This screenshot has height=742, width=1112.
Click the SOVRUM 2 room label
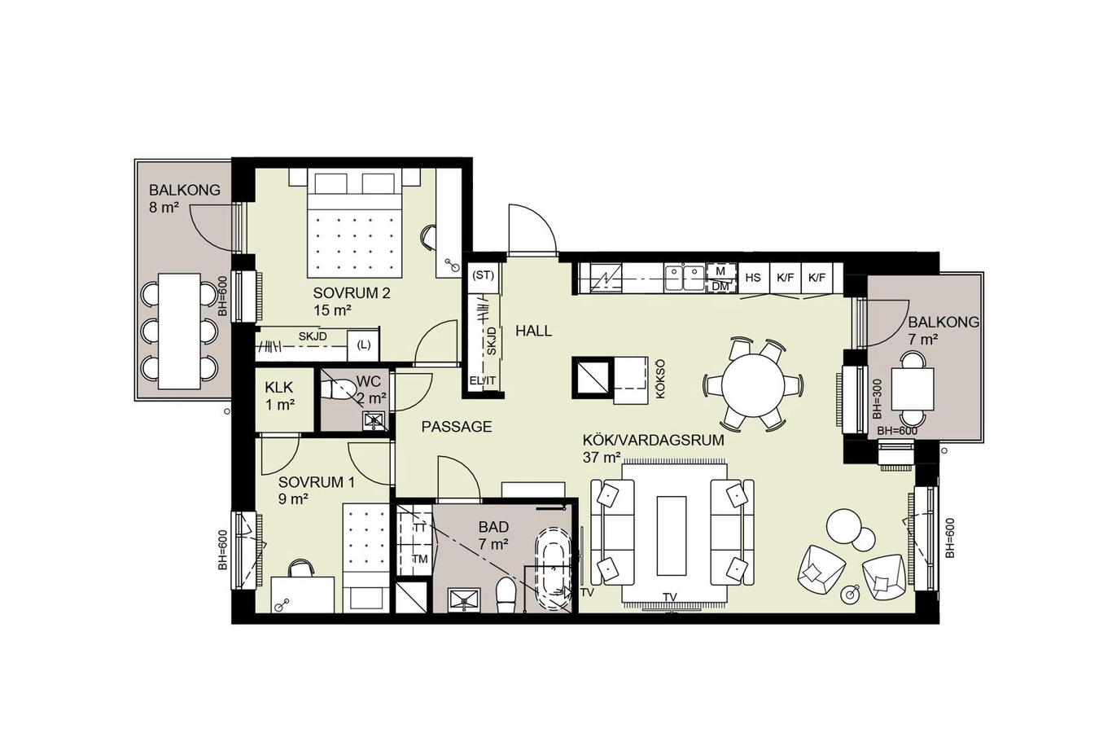(x=352, y=292)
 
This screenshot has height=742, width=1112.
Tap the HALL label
(x=534, y=331)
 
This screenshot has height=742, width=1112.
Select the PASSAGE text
(x=456, y=427)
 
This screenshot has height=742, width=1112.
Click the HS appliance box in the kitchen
(x=753, y=278)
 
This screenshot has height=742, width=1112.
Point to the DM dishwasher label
(x=720, y=287)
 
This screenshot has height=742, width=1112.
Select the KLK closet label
(x=279, y=387)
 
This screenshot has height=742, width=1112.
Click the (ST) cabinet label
(x=483, y=275)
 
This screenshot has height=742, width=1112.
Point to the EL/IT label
(x=483, y=381)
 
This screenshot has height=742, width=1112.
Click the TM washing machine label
(x=420, y=559)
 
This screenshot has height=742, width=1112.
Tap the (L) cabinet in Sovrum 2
(x=363, y=345)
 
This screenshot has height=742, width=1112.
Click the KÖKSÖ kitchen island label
(x=660, y=379)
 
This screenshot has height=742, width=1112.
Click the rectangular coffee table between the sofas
(x=672, y=535)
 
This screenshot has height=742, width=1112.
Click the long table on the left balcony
(x=179, y=331)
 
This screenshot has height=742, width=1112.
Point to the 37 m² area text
(x=602, y=457)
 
